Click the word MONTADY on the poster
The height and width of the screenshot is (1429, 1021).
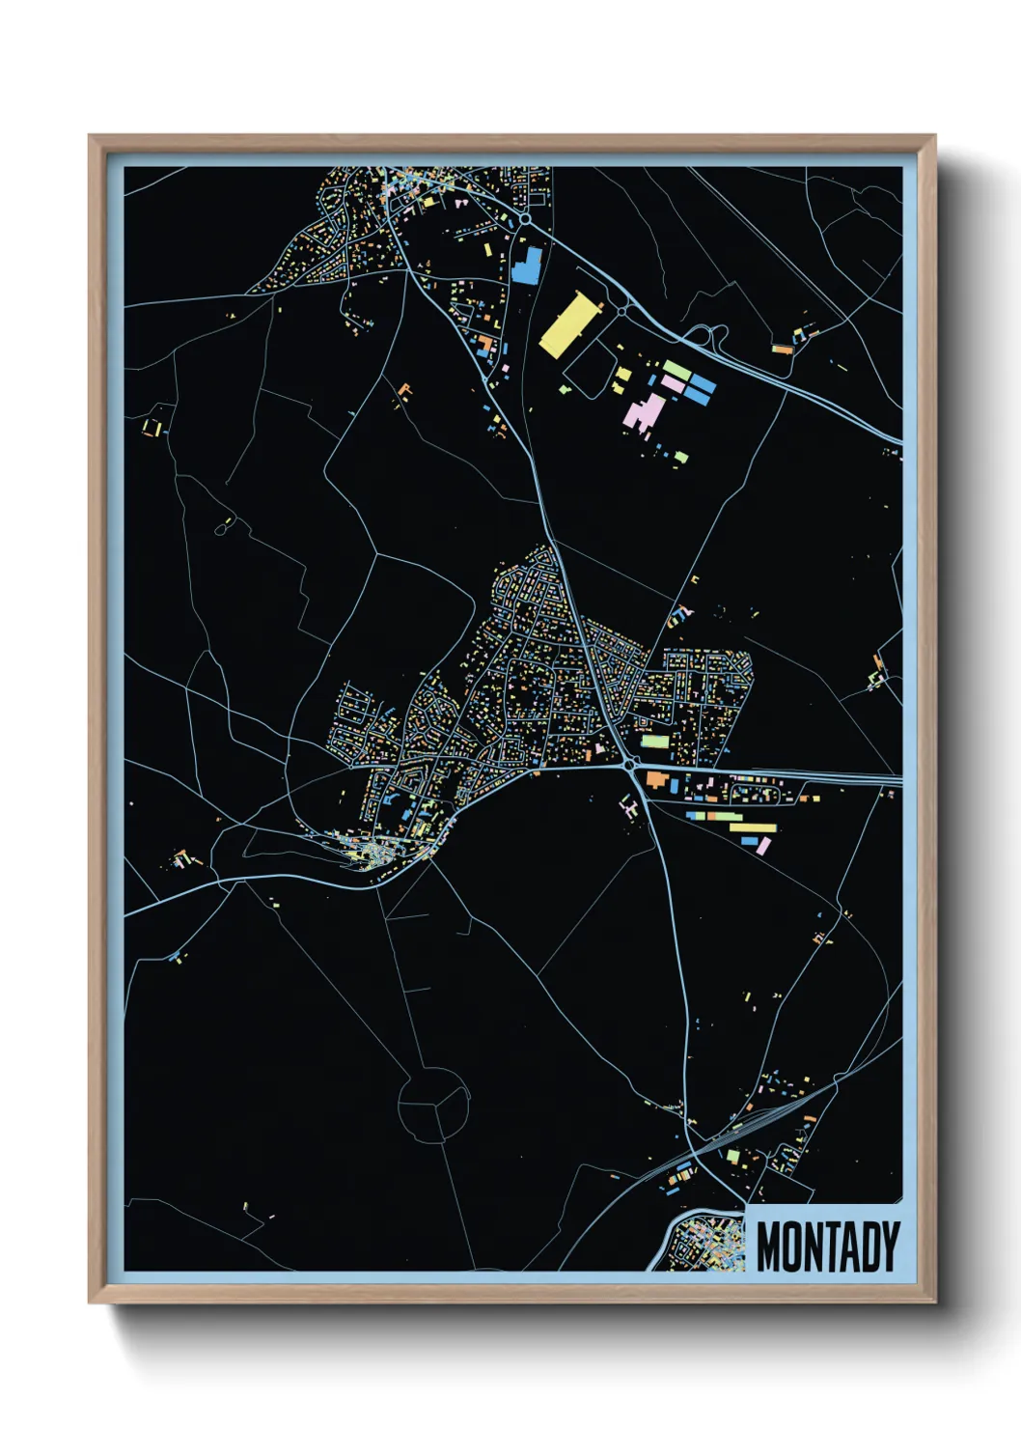tap(827, 1247)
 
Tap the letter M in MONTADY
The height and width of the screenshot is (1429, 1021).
tap(769, 1247)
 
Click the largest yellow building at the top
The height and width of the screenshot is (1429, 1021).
tap(568, 325)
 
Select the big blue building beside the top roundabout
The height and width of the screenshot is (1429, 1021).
tap(527, 266)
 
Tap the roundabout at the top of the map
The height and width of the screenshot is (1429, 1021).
tap(525, 220)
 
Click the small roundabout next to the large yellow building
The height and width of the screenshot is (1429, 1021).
tap(622, 311)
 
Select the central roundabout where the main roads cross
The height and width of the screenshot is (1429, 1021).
tap(630, 765)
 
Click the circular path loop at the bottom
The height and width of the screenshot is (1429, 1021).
tap(434, 1105)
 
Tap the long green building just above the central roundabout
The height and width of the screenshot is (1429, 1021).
tap(655, 743)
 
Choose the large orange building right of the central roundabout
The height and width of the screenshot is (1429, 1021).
tap(659, 779)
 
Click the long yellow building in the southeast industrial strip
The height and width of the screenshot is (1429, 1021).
tap(753, 827)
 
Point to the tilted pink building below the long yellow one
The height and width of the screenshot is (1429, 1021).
tap(763, 846)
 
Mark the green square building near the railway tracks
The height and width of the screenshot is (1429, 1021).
tap(732, 1156)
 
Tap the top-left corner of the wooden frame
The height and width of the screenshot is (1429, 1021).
tap(91, 137)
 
